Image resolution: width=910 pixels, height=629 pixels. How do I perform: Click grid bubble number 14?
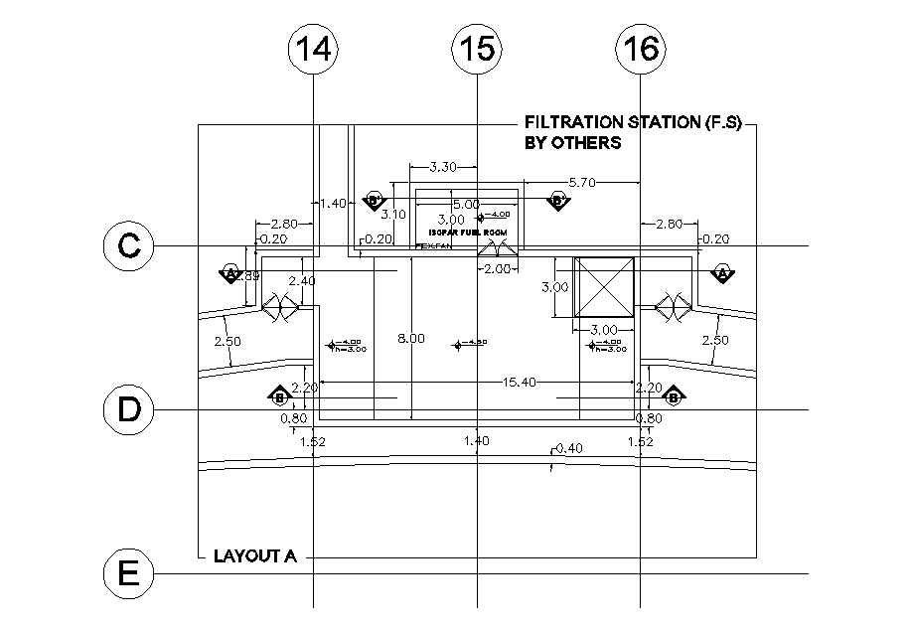[313, 49]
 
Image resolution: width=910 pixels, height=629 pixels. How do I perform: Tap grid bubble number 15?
[477, 49]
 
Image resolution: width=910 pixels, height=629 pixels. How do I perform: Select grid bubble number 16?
[641, 49]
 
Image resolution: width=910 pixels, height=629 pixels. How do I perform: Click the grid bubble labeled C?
[129, 246]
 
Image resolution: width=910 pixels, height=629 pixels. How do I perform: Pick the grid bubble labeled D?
[129, 410]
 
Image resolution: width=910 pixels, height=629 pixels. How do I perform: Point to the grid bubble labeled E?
[129, 574]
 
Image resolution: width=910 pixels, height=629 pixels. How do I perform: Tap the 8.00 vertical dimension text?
[410, 339]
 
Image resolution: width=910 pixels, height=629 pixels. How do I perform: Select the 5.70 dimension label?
[583, 182]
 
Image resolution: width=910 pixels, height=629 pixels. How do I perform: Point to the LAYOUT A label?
[255, 556]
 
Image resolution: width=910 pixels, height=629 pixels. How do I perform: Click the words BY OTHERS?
[572, 143]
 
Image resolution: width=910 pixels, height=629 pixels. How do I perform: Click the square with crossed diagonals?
[604, 288]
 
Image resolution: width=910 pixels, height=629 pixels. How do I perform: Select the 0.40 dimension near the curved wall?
[569, 448]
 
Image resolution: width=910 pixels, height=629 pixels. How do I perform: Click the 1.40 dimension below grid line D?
[477, 440]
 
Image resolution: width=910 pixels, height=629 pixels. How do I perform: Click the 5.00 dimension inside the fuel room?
[466, 205]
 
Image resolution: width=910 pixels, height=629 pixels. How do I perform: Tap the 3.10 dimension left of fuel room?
[393, 214]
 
